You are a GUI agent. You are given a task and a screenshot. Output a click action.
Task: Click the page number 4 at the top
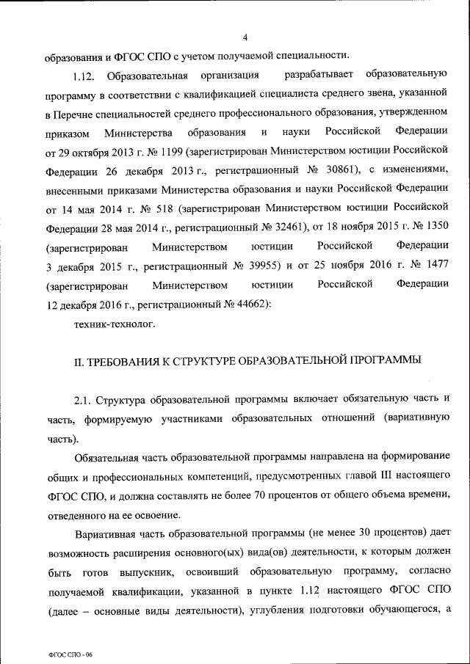pyautogui.click(x=245, y=37)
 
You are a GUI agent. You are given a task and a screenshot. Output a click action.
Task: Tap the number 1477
pyautogui.click(x=433, y=265)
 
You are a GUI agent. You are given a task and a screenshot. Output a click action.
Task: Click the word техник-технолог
pyautogui.click(x=115, y=322)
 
